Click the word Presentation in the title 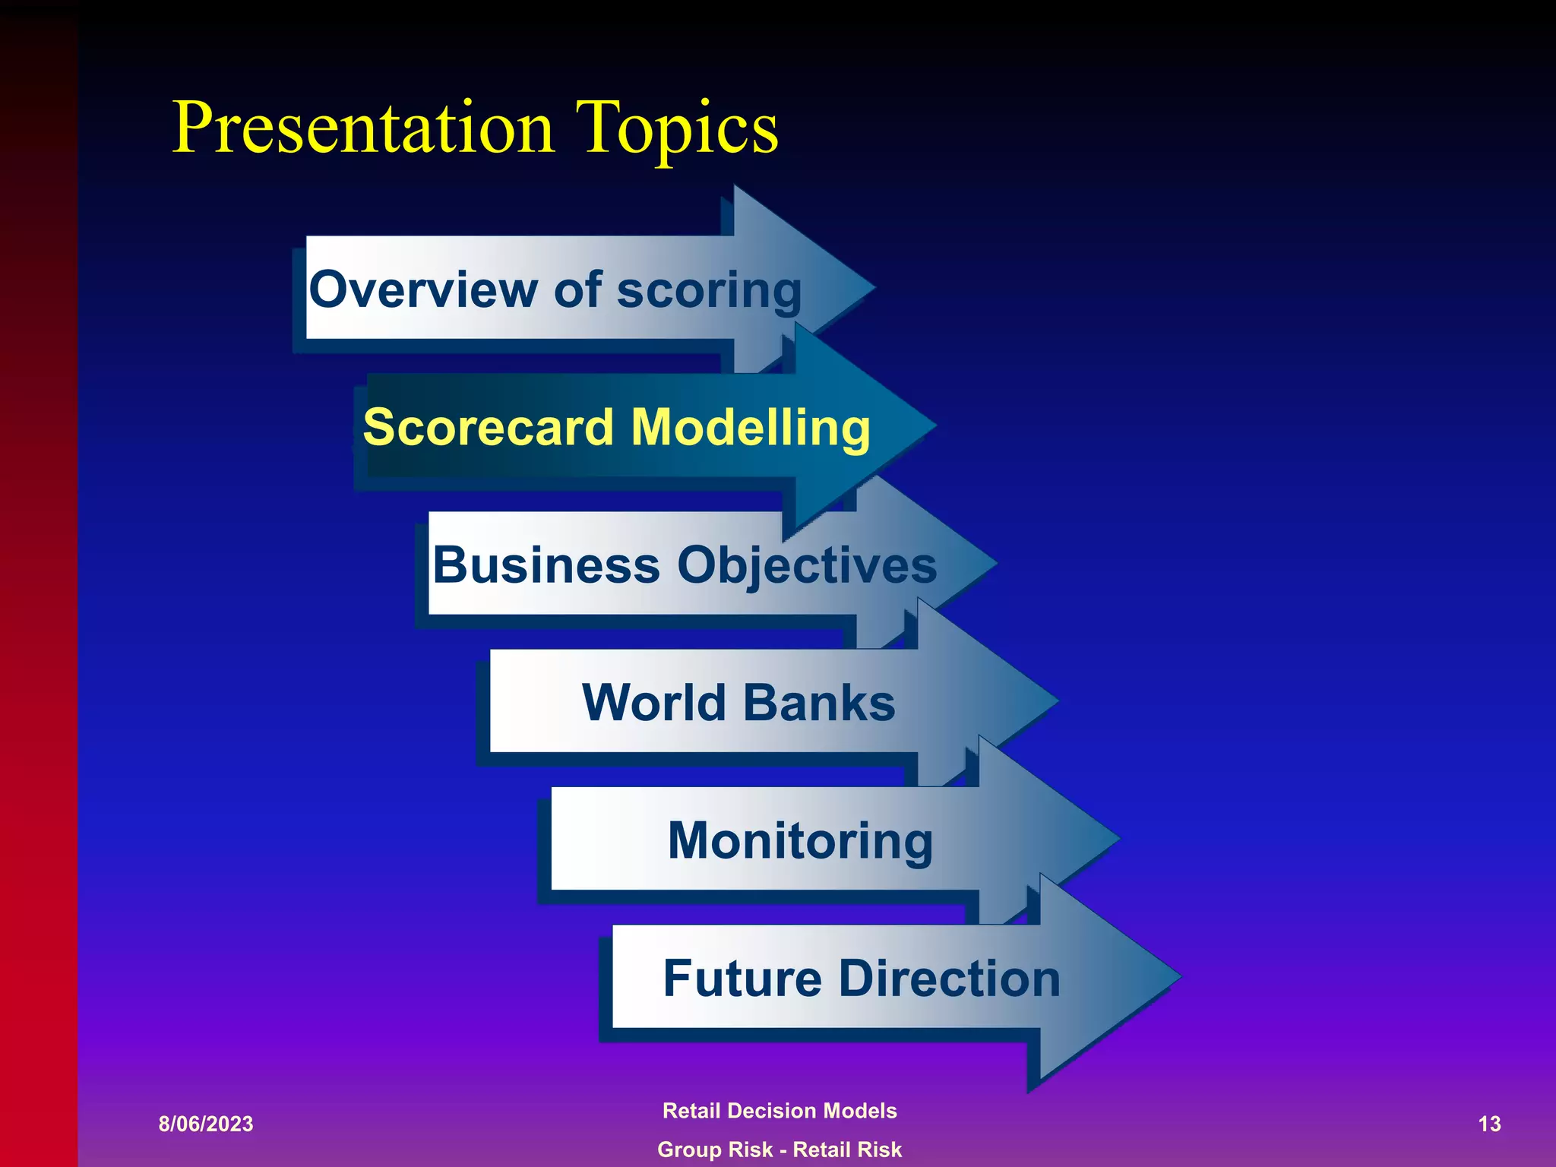tap(363, 128)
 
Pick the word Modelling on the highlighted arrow tap(751, 427)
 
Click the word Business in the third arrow tap(546, 565)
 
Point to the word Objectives tap(807, 566)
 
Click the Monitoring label tap(800, 840)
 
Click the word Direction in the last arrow tap(950, 978)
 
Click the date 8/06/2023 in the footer tap(206, 1124)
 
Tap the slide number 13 tap(1489, 1124)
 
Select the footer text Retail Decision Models tap(780, 1111)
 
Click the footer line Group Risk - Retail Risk tap(780, 1150)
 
